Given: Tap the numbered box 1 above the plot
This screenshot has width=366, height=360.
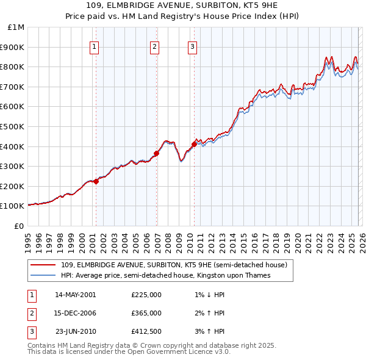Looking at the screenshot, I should pos(95,46).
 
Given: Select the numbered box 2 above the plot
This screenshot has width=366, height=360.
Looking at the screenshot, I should pos(155,46).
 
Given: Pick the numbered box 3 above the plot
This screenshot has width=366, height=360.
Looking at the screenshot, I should pos(192,46).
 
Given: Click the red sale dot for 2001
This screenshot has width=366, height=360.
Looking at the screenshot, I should pos(96,181).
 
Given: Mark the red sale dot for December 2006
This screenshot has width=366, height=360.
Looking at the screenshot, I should pos(156,154).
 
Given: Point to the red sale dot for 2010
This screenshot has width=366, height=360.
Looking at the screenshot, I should pos(194,144).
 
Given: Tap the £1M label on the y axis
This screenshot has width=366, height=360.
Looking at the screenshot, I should pos(16,27).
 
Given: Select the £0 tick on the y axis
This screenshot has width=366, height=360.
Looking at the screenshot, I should pos(20,226).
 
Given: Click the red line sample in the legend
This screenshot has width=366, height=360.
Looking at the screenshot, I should pos(44,265).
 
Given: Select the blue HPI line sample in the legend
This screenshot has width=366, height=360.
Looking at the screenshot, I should pos(44,275).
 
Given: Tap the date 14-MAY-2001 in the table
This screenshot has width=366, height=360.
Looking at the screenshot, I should pos(75,295).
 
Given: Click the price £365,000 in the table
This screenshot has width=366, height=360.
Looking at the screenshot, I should pos(146,313).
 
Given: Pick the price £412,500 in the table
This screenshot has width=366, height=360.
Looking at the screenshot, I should pos(146,332).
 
